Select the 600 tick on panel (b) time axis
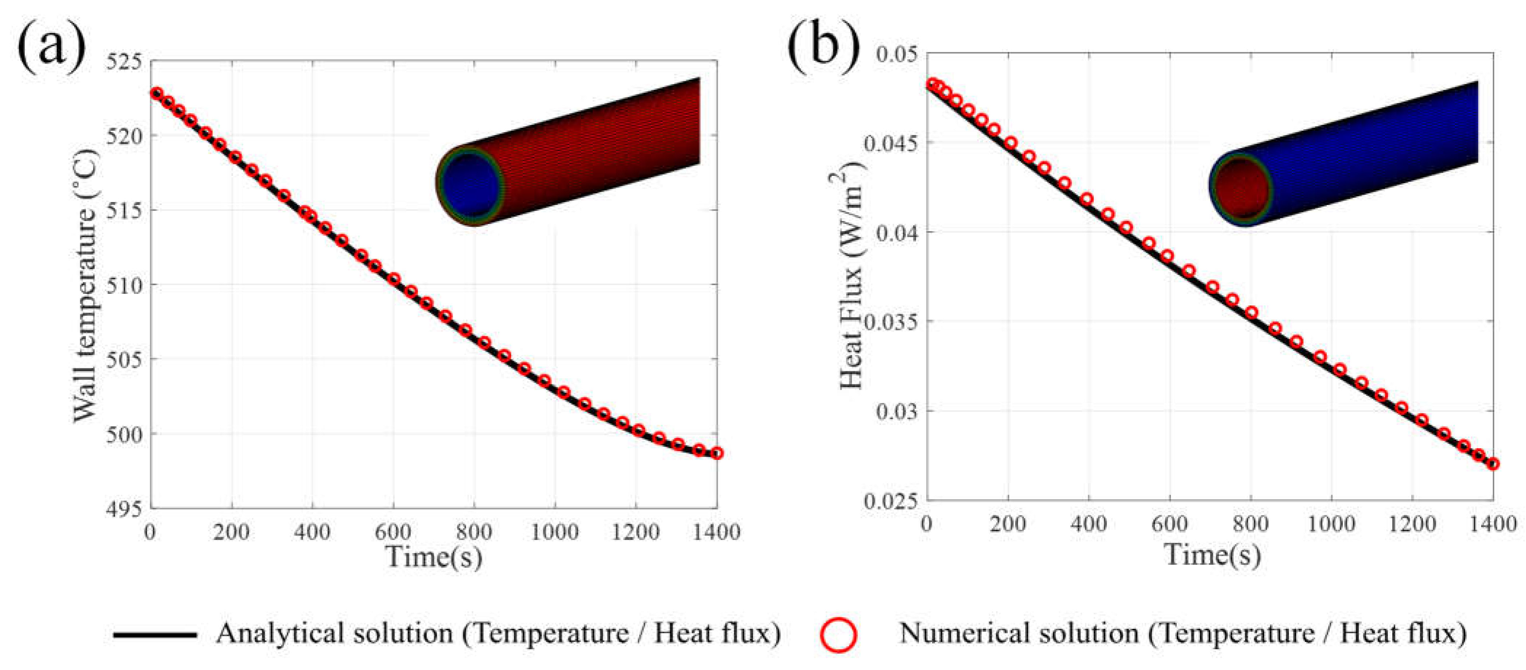1169,524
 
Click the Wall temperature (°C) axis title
85,284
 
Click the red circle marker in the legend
839,634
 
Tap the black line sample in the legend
155,634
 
